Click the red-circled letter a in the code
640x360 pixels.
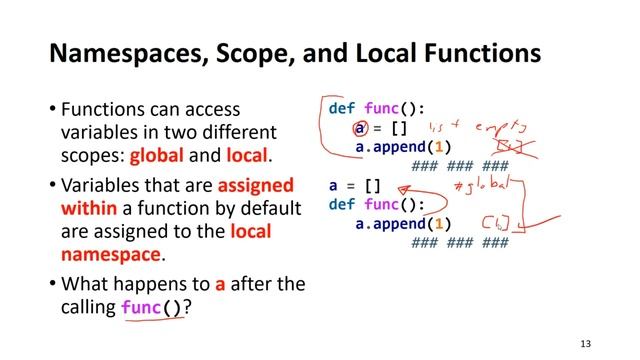click(x=359, y=129)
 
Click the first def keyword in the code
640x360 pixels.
click(x=342, y=108)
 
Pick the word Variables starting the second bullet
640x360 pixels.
click(x=103, y=185)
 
